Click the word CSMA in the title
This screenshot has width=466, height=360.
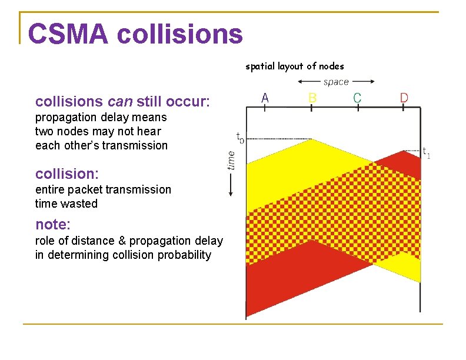pos(68,34)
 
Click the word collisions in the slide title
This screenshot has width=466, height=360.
pos(179,34)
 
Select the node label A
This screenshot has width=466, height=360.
pos(265,98)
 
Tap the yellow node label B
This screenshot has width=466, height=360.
pos(312,98)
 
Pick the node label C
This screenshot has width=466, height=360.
pos(357,98)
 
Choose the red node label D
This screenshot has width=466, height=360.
pos(404,98)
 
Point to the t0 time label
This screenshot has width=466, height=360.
pos(240,138)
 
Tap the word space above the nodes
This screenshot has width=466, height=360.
pos(336,82)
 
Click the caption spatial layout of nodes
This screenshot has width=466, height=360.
pos(294,66)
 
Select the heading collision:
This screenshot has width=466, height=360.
pos(67,174)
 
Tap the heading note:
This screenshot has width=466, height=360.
pos(53,224)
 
